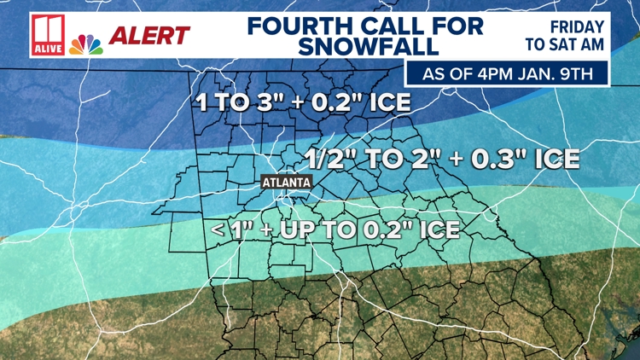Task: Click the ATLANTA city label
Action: click(x=286, y=183)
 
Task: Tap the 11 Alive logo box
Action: click(x=46, y=36)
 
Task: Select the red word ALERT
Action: click(x=150, y=36)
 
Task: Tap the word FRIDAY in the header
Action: click(x=577, y=27)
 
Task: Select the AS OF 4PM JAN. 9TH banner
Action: click(x=507, y=73)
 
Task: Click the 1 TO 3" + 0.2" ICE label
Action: click(x=304, y=103)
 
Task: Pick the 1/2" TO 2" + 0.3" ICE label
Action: click(x=442, y=159)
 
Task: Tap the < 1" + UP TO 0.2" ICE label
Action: click(x=335, y=229)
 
